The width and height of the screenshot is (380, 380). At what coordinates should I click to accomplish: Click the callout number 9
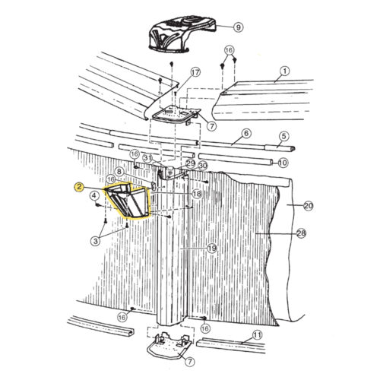238,27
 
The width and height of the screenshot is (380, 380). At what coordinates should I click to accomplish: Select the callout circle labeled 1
285,71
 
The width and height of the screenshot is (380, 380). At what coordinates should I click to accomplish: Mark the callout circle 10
283,162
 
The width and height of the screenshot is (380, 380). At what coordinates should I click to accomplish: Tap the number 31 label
147,158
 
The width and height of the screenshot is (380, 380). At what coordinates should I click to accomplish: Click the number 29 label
190,164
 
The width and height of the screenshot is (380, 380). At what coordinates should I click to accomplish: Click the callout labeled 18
196,195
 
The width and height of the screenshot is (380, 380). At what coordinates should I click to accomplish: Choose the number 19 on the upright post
211,249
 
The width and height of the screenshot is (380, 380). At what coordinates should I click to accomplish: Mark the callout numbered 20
308,205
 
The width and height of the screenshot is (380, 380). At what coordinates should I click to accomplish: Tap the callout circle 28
301,233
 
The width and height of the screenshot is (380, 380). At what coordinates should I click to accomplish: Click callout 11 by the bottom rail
257,334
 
